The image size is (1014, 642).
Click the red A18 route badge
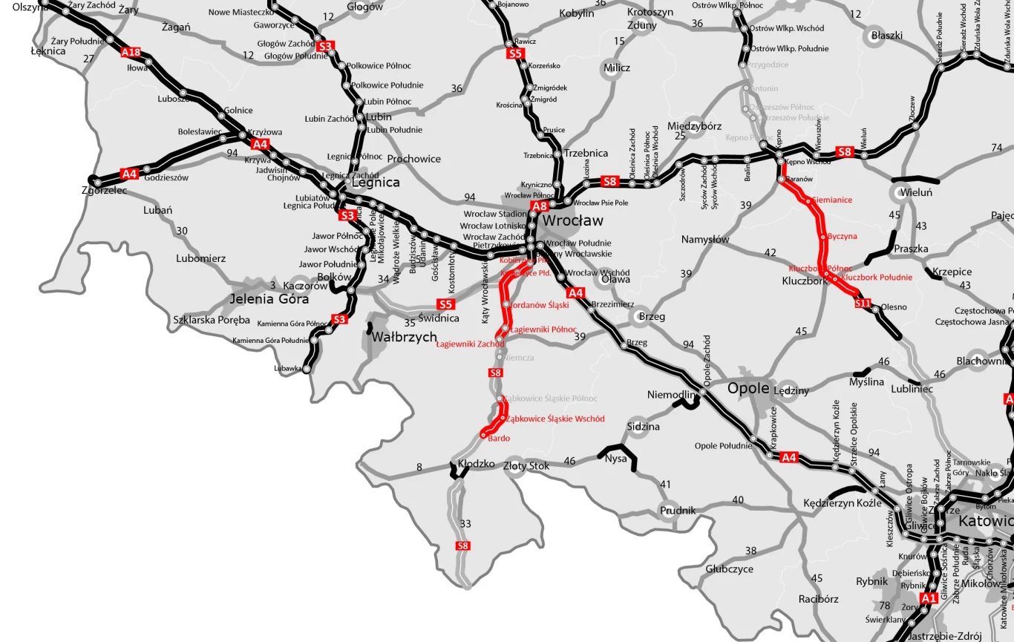point(131,52)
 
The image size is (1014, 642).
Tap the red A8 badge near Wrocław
point(539,206)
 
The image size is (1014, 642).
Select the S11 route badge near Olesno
point(862,303)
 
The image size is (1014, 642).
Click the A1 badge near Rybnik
point(929,597)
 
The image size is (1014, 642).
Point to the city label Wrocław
point(572,221)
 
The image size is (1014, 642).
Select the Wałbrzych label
point(404,337)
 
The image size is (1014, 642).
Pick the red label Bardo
point(499,439)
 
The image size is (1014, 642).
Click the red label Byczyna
point(842,237)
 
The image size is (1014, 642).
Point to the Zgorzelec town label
point(105,191)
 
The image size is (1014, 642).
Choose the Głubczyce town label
point(729,569)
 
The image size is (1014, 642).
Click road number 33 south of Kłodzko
point(465,523)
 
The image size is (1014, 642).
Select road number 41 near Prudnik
point(665,485)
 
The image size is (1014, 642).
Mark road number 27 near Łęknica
point(89,59)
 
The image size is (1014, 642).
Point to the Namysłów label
point(705,239)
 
